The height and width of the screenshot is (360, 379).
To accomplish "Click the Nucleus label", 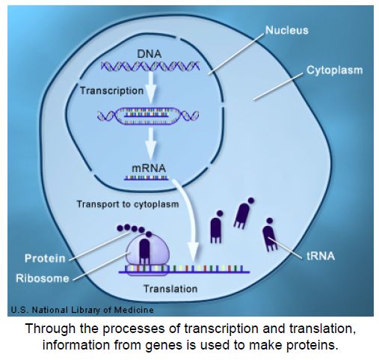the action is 287,31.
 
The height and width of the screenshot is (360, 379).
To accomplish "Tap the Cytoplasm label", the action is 334,70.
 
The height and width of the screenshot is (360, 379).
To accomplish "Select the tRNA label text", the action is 321,256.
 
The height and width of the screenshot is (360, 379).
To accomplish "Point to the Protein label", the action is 45,258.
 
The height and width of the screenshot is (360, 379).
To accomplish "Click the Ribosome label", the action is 43,278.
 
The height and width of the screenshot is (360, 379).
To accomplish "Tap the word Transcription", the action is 111,91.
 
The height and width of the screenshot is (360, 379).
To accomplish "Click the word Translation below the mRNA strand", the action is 170,289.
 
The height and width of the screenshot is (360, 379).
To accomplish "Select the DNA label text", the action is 150,54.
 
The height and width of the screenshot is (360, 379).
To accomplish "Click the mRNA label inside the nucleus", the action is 149,168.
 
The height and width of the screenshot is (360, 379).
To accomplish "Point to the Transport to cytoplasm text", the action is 128,204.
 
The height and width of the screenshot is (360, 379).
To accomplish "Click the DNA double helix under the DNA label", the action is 150,66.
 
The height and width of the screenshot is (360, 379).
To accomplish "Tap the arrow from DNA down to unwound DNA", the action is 151,88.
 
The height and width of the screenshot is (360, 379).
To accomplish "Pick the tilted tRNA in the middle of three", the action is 242,214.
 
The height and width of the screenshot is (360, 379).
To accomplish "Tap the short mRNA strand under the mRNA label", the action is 147,178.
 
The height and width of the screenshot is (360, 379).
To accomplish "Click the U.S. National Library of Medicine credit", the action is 82,310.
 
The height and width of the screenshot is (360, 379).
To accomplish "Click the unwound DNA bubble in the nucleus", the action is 148,116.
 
